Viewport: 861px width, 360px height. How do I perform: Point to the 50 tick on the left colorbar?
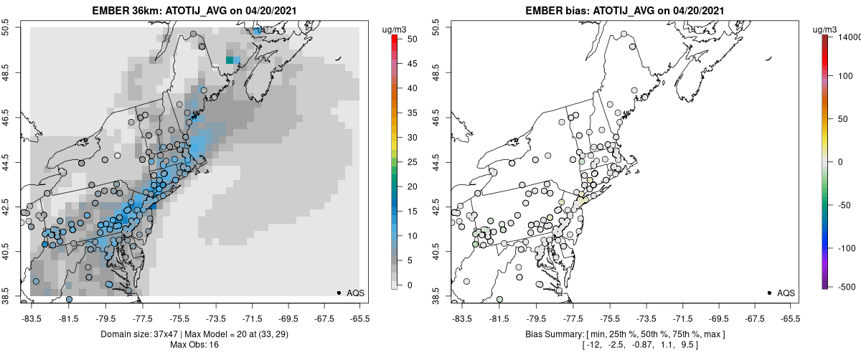(x=406, y=39)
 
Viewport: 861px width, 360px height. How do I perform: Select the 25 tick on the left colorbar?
(x=406, y=162)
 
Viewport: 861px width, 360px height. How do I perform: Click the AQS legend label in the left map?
(x=356, y=293)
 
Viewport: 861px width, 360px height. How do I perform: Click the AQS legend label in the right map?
(x=786, y=293)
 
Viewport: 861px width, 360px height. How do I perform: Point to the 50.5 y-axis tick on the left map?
(x=10, y=27)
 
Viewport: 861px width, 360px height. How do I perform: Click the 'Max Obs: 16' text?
(x=194, y=345)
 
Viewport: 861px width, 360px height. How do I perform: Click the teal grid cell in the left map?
(x=230, y=60)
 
